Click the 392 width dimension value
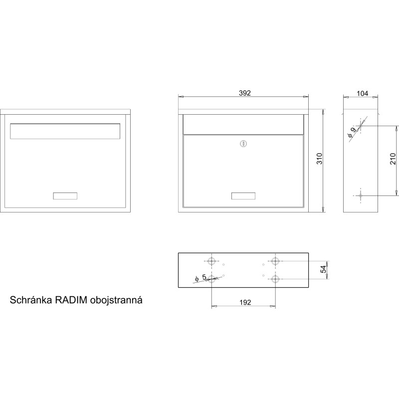coord(245,93)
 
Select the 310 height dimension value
coord(319,159)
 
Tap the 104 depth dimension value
coord(362,93)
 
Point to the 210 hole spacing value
coord(393,159)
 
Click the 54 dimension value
coord(323,269)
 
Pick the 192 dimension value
coord(245,302)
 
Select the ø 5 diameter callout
coord(201,278)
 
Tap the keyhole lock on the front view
coord(243,144)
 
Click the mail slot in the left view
coord(65,131)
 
